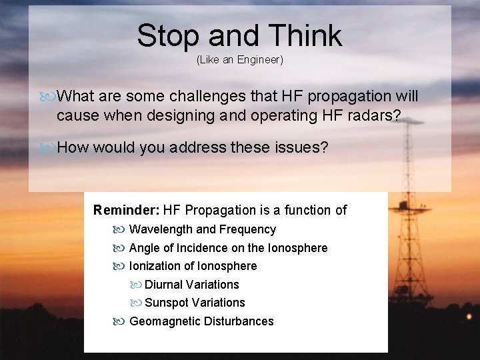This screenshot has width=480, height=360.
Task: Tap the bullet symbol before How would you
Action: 47,147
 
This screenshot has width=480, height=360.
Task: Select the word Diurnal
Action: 164,285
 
